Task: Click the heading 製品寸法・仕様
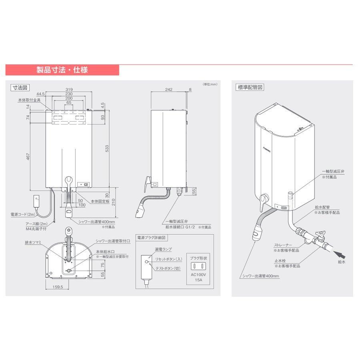[62, 70]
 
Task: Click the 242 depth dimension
[168, 90]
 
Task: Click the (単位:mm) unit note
[209, 84]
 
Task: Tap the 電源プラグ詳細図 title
[151, 237]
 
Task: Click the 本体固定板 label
[100, 201]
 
